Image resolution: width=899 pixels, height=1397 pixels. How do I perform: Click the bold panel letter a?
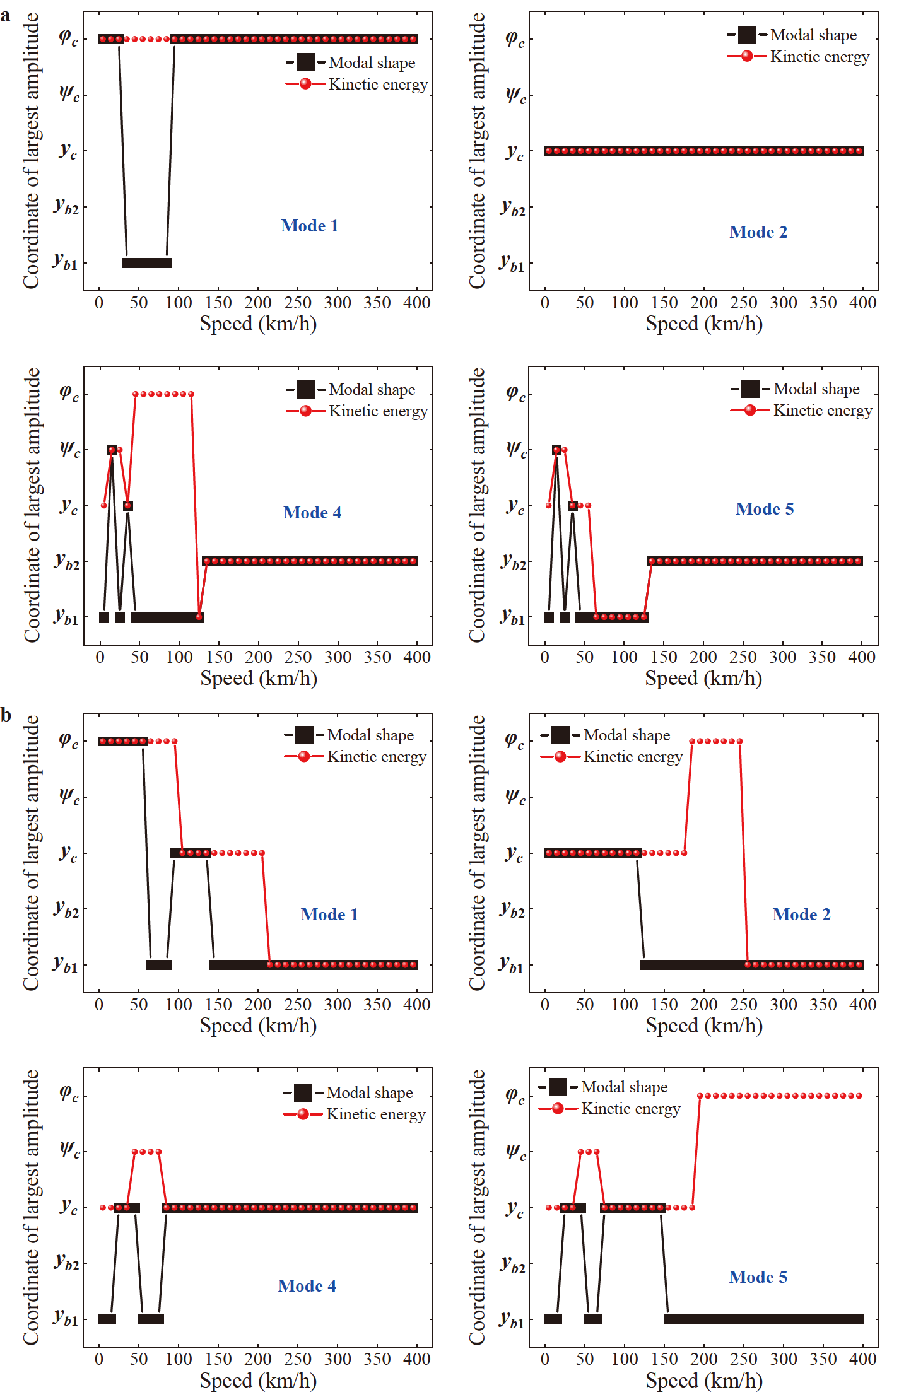[x=6, y=15]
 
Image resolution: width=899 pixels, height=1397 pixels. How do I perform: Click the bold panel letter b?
[x=6, y=715]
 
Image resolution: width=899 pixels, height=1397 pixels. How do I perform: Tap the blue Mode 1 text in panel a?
[x=309, y=226]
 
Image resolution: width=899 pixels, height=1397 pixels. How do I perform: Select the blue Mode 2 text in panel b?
[x=801, y=915]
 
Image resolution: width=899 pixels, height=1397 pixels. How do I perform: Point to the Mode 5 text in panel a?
[x=764, y=509]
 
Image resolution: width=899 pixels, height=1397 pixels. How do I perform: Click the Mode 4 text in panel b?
[x=307, y=1286]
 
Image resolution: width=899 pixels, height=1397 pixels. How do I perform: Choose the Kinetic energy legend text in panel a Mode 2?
[x=819, y=57]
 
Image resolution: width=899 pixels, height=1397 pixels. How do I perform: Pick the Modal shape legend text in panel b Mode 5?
[x=624, y=1087]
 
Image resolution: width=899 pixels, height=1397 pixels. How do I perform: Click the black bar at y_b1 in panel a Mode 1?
[x=146, y=263]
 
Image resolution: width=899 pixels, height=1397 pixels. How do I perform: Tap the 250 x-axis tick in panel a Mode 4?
[x=298, y=657]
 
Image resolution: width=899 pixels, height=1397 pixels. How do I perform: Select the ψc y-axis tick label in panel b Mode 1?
[x=69, y=796]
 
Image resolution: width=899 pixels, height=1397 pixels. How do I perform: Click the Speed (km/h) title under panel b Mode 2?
[x=703, y=1026]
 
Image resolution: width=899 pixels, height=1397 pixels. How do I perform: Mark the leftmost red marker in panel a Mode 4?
[x=104, y=505]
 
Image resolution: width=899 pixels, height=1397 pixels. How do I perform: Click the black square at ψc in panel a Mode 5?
[x=556, y=450]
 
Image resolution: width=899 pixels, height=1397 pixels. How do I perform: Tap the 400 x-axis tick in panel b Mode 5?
[x=862, y=1359]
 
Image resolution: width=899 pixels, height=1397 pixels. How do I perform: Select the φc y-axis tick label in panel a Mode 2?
[x=515, y=39]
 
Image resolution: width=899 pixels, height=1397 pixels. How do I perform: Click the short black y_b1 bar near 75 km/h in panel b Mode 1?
[x=158, y=964]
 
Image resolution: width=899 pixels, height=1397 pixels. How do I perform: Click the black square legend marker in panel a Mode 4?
[x=305, y=389]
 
